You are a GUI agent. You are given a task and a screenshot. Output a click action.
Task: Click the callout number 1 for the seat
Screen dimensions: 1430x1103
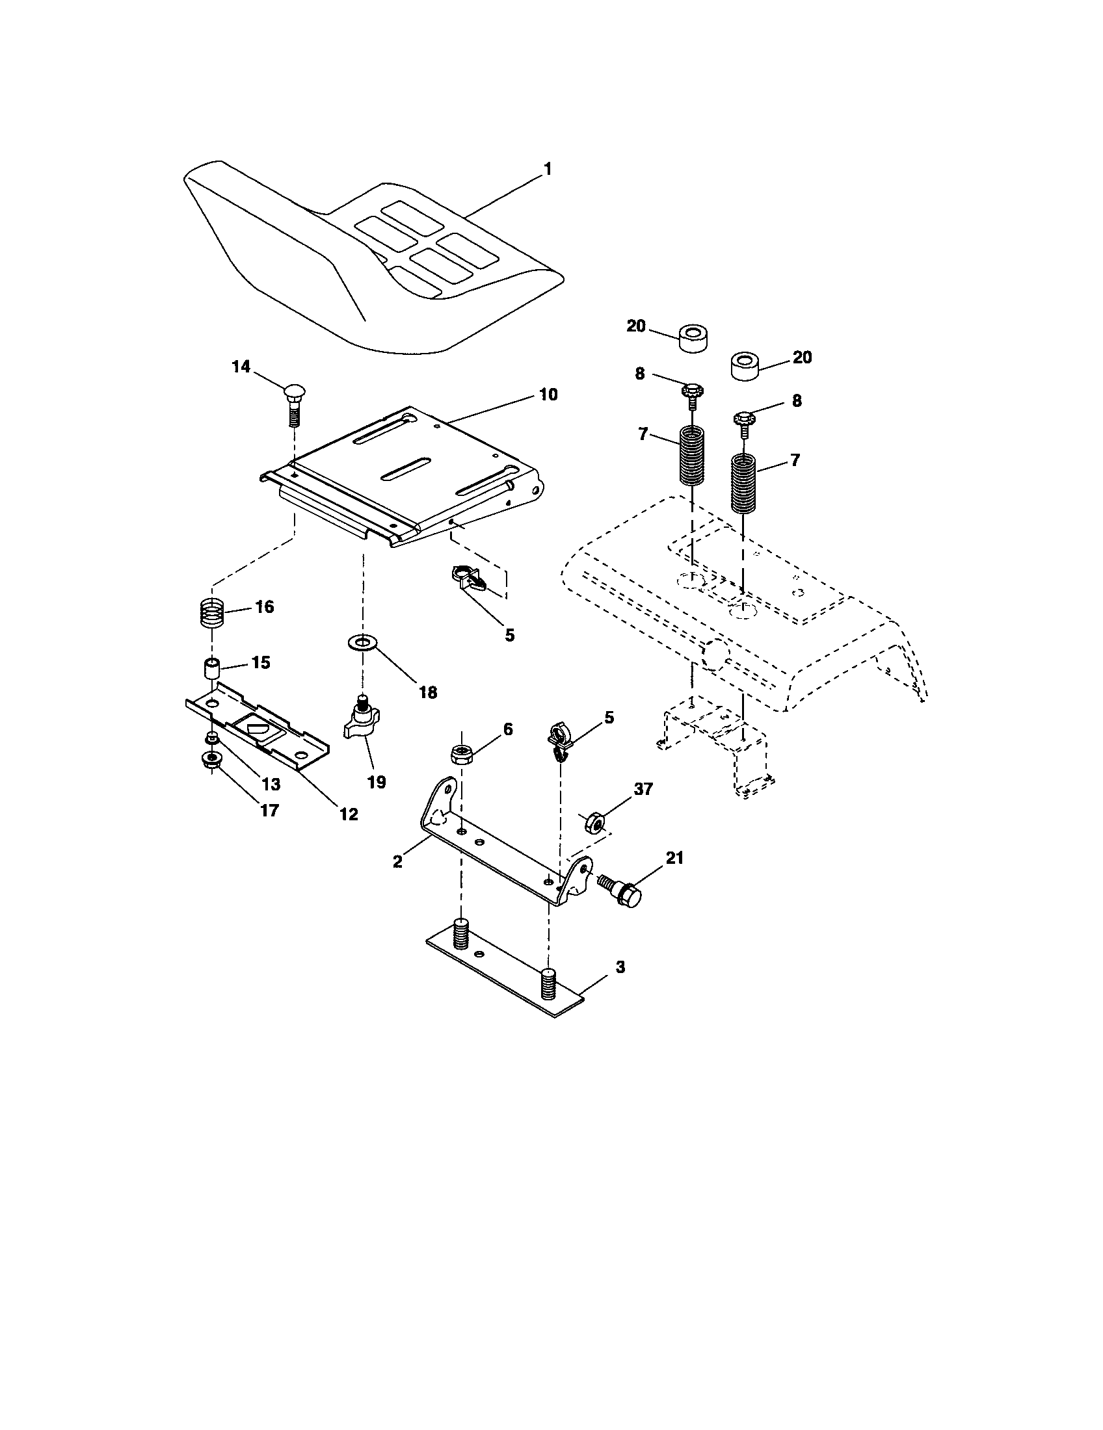coord(548,170)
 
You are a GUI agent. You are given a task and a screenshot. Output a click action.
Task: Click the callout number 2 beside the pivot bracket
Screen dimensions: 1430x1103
coord(397,862)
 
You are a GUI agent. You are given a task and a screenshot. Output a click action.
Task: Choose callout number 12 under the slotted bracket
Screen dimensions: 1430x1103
coord(349,814)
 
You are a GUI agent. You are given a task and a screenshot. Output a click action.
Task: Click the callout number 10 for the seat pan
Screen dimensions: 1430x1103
coord(548,394)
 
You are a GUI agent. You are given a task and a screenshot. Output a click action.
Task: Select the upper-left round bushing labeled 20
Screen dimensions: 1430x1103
coord(695,338)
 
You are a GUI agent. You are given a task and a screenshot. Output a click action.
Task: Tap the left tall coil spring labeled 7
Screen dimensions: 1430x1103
coord(692,455)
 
